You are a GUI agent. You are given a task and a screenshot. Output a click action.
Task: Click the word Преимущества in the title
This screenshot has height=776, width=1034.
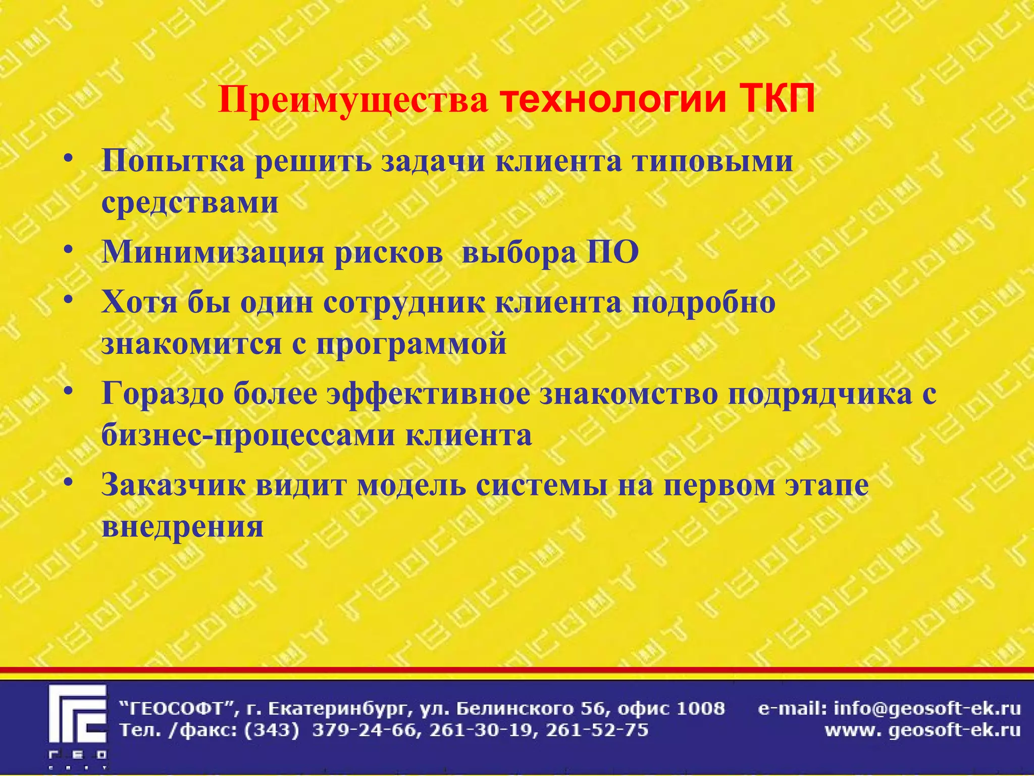tap(353, 101)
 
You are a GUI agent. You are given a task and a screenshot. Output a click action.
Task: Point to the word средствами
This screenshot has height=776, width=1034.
tap(190, 202)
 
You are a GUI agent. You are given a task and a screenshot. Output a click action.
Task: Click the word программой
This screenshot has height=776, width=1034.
tap(411, 344)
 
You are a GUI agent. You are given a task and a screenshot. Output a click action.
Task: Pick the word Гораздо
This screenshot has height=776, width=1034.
tap(163, 394)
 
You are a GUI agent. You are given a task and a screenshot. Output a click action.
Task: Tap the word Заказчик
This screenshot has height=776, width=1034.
tap(174, 484)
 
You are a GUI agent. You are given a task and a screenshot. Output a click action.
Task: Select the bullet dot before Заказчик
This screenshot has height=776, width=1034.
tap(70, 482)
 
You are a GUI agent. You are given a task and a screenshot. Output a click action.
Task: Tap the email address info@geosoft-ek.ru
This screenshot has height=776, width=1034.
tap(927, 709)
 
